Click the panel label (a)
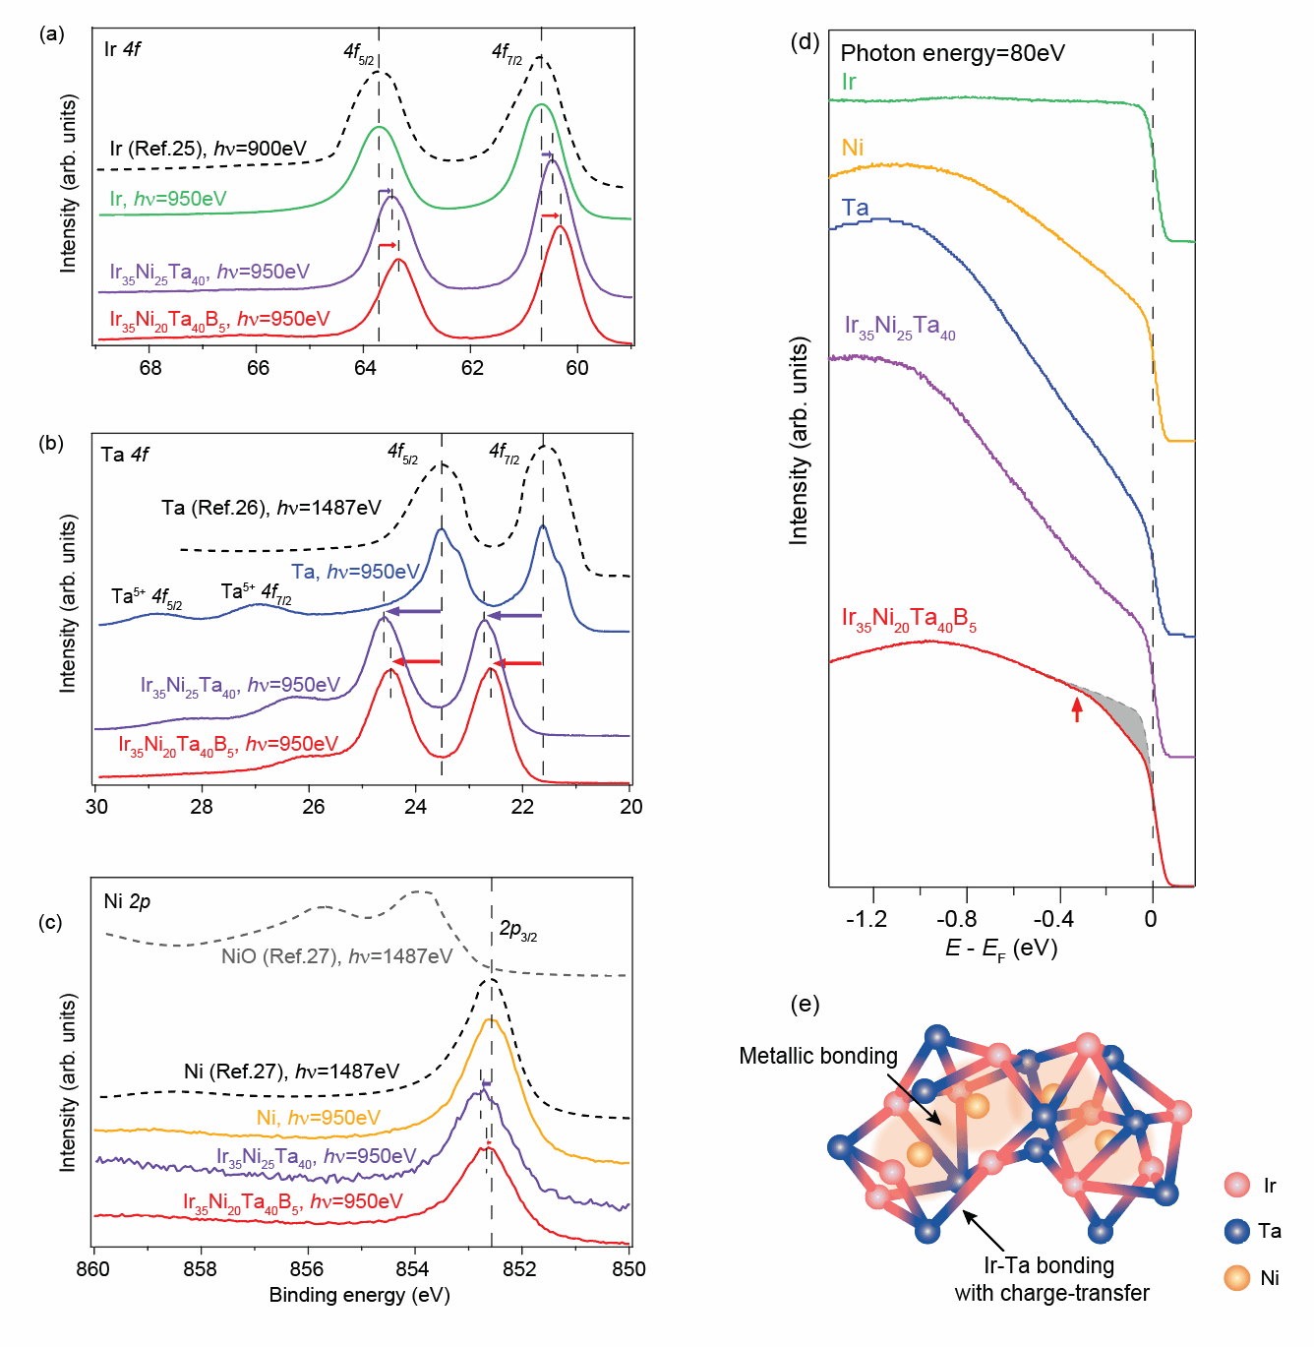[51, 34]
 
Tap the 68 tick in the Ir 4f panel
[150, 368]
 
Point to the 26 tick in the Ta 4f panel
[313, 807]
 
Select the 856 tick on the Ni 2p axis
[307, 1269]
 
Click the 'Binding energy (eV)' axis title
[359, 1295]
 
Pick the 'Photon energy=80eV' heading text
[952, 53]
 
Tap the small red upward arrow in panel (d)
[1077, 708]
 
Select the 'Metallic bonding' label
[818, 1057]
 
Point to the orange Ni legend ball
[1237, 1277]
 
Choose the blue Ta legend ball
[1237, 1231]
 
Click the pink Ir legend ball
[1237, 1185]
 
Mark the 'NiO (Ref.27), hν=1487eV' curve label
[336, 956]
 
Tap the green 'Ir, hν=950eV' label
[168, 199]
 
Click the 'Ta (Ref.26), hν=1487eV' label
[271, 509]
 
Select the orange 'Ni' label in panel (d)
[853, 148]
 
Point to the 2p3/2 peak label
[517, 930]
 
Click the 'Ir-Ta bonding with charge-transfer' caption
[1050, 1279]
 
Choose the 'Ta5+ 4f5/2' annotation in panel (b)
[147, 597]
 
